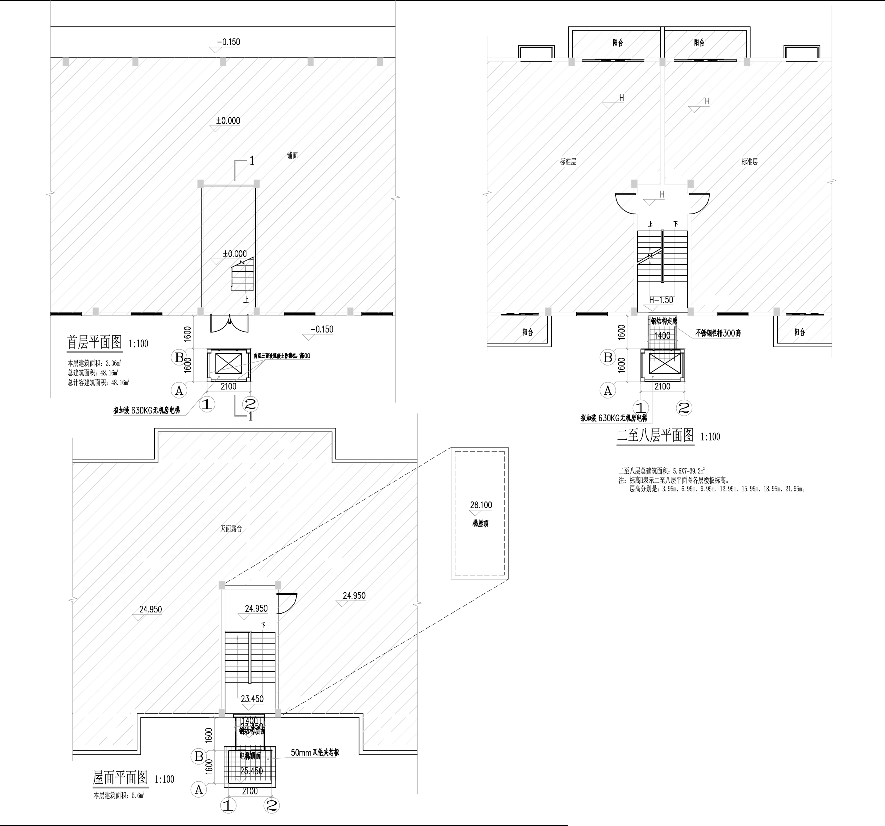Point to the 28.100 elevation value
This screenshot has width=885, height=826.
481,505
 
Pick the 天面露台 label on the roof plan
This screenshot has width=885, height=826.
231,529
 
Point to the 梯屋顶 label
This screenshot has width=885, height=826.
480,524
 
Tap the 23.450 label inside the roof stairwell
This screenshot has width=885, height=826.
252,699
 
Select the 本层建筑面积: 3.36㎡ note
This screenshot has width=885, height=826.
94,363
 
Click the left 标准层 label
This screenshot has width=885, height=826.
568,162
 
